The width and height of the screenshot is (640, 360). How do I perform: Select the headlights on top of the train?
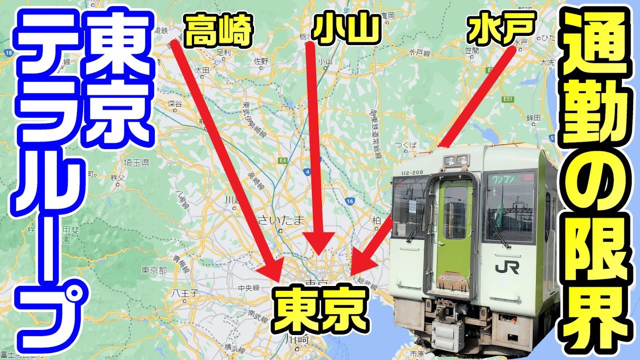click(x=455, y=160)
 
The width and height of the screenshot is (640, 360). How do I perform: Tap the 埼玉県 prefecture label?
click(x=137, y=162)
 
